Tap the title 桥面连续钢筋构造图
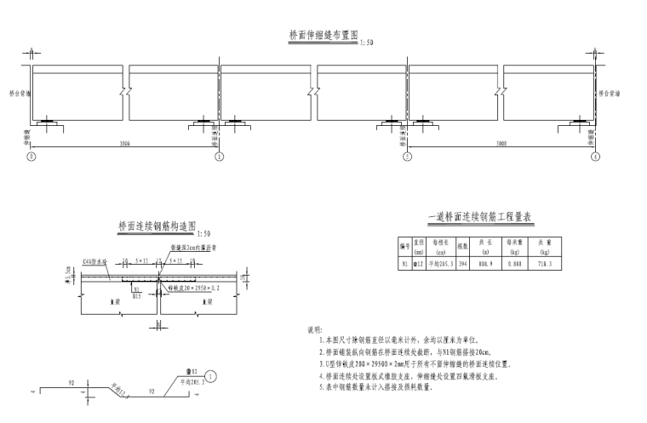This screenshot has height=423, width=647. coord(157,227)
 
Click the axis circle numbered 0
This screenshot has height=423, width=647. coord(31,157)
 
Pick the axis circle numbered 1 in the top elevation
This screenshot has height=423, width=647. coord(219,157)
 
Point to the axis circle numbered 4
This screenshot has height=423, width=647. coord(596,157)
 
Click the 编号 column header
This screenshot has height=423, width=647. coord(405,248)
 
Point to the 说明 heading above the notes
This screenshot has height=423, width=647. coord(314,329)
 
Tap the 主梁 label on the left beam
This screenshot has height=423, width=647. coord(113,302)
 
